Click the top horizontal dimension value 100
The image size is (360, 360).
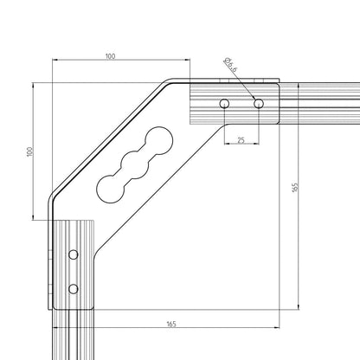tap(110, 57)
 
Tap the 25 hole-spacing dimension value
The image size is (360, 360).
tap(241, 139)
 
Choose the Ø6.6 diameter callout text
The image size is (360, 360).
tap(231, 66)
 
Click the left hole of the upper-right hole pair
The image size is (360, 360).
tap(225, 104)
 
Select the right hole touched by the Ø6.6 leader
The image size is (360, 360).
tap(258, 104)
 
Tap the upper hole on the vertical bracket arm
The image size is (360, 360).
tap(73, 254)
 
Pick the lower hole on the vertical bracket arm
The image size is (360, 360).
tap(73, 288)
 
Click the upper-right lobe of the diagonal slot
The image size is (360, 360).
tap(161, 140)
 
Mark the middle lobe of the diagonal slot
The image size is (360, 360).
tap(137, 163)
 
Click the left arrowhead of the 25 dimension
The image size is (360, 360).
tap(227, 144)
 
